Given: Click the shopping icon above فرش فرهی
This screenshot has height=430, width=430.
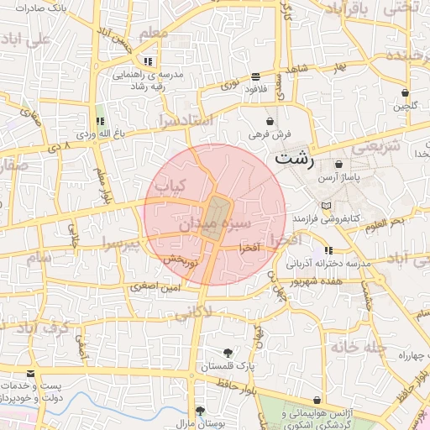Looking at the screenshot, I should pyautogui.click(x=270, y=121).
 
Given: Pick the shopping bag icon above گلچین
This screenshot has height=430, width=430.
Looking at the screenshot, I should pyautogui.click(x=405, y=92).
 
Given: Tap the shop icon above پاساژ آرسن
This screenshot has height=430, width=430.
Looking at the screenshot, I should pyautogui.click(x=338, y=165).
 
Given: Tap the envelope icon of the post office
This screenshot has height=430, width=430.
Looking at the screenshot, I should pyautogui.click(x=31, y=374).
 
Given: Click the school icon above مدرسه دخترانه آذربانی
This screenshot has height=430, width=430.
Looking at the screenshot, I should pyautogui.click(x=328, y=250).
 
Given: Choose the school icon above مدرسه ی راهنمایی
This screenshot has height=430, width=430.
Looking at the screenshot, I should pyautogui.click(x=149, y=61).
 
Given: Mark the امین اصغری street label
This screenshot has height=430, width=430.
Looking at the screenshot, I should pyautogui.click(x=154, y=288).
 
